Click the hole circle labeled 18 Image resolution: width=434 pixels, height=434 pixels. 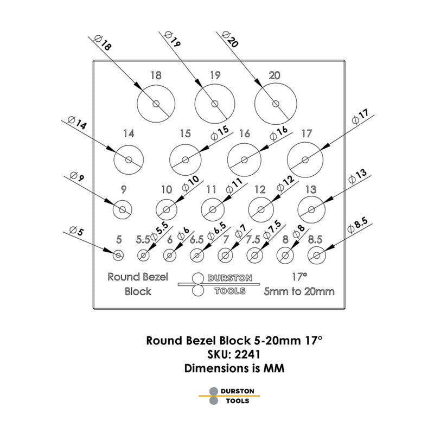pos(156,104)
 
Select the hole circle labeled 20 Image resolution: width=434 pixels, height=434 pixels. pos(275,103)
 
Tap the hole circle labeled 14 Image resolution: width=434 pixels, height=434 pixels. pos(128,159)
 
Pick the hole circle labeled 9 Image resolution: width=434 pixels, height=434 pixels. pos(122,209)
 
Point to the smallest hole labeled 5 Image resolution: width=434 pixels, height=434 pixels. pos(118,254)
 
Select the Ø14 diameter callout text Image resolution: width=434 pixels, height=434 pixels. pos(78,124)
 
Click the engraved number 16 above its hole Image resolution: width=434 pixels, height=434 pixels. pos(244,133)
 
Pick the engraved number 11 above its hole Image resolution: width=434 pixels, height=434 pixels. pos(212,189)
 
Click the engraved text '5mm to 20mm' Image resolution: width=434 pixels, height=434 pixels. pos(299,291)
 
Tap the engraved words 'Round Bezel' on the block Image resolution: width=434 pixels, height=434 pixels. pos(138,277)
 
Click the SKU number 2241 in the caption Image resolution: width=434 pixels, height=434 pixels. pos(246,354)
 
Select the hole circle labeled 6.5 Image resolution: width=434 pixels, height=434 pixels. pos(197,254)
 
